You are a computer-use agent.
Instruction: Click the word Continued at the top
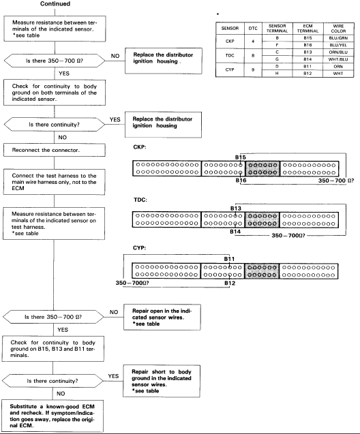point(55,4)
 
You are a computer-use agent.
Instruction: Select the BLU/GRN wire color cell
point(338,38)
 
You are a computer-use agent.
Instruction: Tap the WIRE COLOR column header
point(338,29)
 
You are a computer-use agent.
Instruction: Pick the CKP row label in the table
point(230,42)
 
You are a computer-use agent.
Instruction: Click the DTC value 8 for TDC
point(253,55)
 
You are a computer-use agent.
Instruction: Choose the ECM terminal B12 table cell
point(307,74)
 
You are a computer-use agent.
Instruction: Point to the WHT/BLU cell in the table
point(338,59)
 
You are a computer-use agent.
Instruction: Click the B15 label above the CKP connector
point(241,157)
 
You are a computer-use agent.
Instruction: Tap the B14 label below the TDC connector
point(235,232)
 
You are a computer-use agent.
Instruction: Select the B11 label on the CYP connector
point(229,259)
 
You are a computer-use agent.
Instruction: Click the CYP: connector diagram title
point(139,248)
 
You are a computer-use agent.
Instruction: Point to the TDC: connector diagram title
point(140,200)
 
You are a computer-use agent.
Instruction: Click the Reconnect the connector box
point(55,150)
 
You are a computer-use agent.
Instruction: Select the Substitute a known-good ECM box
point(52,416)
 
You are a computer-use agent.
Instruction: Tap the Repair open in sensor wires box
point(162,317)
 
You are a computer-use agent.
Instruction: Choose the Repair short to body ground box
point(162,381)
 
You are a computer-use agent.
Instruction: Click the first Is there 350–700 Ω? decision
point(55,61)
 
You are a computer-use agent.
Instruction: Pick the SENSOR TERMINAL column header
point(277,29)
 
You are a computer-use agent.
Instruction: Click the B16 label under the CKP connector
point(241,181)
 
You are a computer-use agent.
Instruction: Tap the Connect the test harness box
point(55,182)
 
